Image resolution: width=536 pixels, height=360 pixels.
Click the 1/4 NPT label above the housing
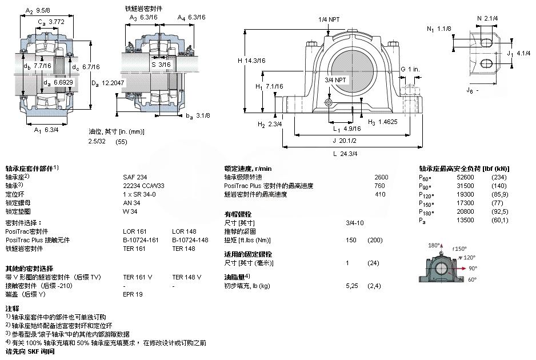[329, 19]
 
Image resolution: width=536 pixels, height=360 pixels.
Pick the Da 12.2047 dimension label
[108, 83]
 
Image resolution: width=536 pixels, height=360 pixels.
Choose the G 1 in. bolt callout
[410, 69]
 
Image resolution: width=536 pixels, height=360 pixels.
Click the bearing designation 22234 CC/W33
[143, 186]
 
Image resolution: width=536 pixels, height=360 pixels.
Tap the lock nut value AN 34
[131, 203]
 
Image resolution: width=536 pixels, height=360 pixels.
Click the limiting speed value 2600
[381, 177]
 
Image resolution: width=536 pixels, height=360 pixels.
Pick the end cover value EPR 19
[133, 294]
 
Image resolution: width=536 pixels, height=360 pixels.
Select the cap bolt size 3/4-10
[355, 223]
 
